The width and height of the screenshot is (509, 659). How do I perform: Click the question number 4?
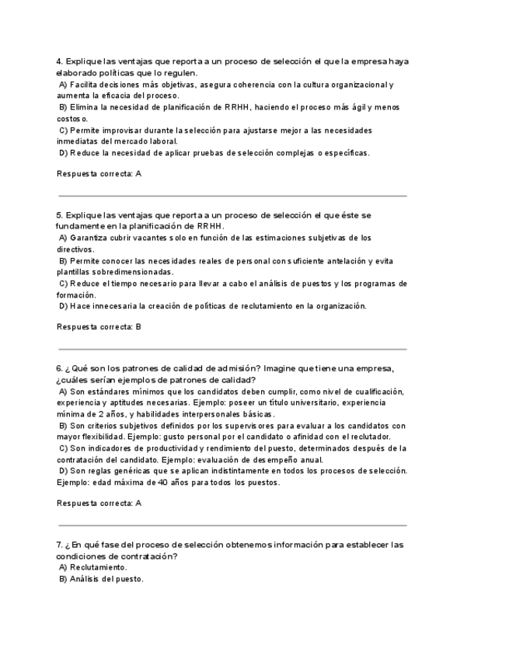(59, 61)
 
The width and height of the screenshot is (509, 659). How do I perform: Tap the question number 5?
(59, 214)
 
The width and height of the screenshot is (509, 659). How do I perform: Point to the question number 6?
(59, 368)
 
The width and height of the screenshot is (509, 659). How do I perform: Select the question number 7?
(59, 545)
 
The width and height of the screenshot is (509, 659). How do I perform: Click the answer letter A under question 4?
(138, 174)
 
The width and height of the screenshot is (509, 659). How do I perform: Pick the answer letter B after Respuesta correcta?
(138, 327)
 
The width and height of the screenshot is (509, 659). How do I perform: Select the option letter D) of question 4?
(64, 152)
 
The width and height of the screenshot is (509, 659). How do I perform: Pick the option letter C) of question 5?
(64, 284)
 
